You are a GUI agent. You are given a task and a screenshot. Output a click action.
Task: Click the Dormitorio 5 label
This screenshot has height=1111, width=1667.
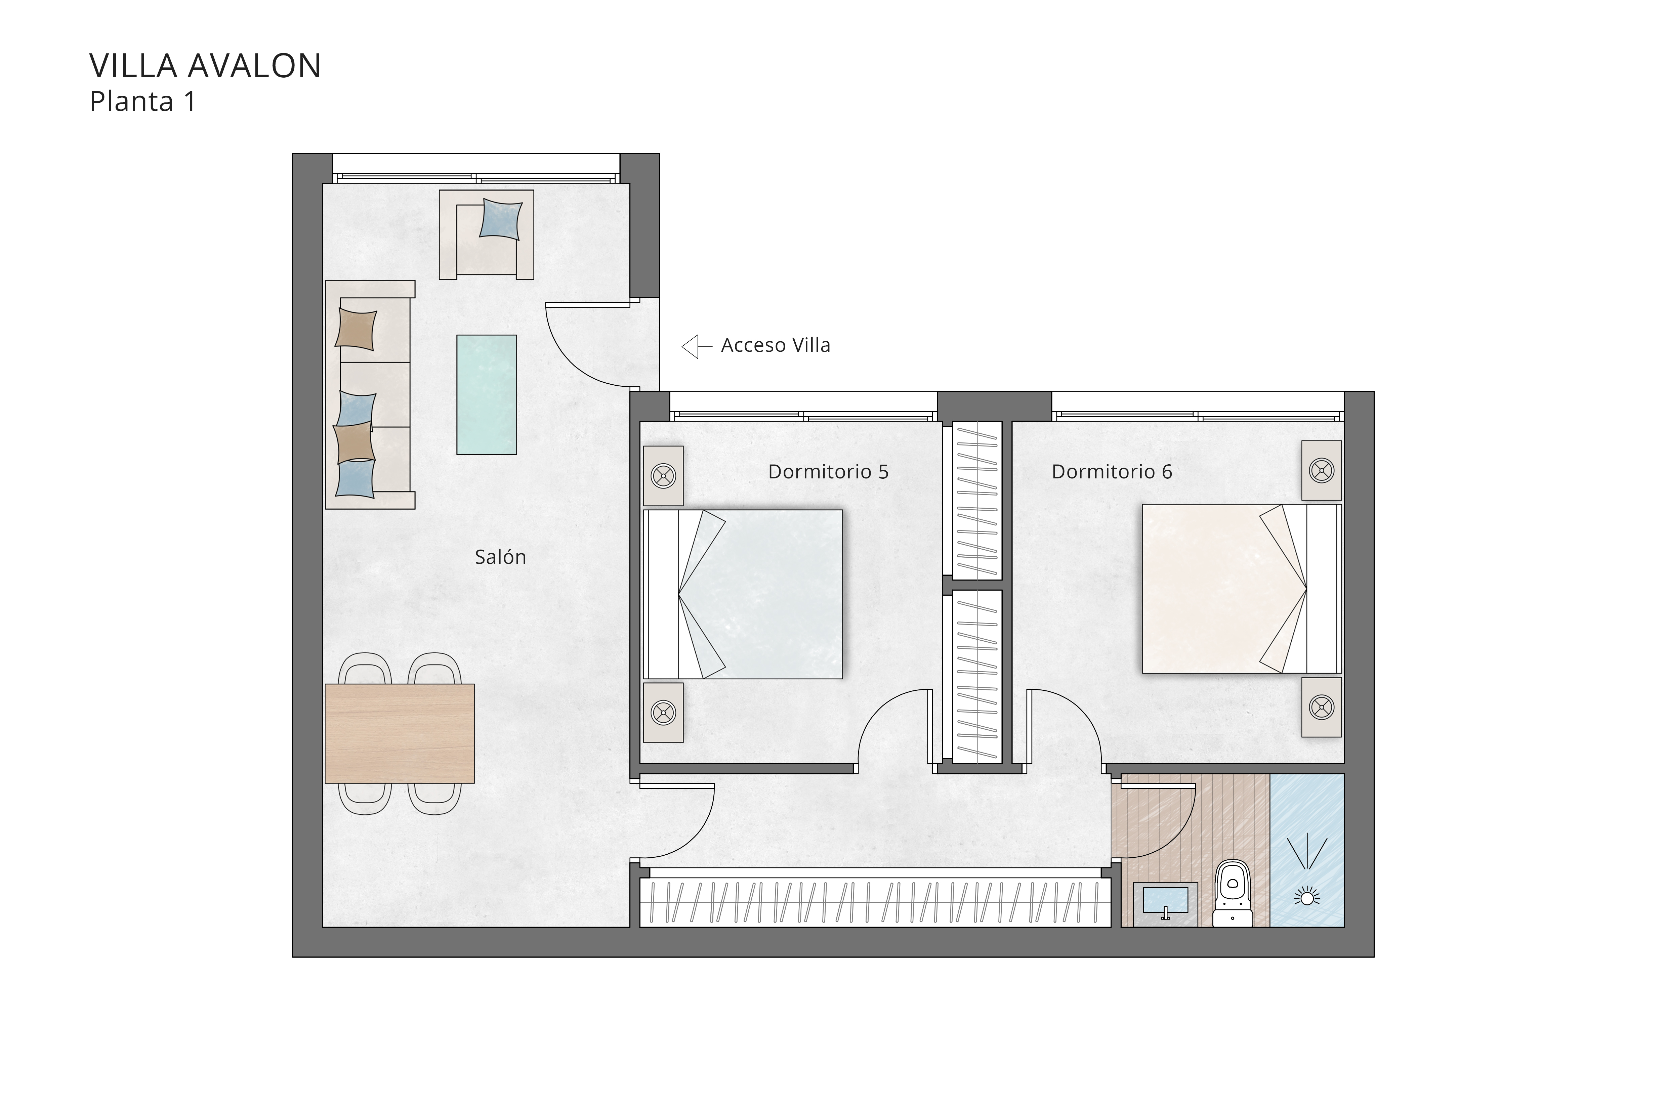tap(828, 472)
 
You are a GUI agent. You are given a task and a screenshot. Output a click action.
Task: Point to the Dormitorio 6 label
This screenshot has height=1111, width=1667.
tap(1111, 472)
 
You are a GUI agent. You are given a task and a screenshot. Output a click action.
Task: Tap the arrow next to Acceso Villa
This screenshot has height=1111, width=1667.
tap(696, 346)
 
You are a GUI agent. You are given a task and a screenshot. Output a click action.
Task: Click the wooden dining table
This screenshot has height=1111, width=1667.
tap(399, 733)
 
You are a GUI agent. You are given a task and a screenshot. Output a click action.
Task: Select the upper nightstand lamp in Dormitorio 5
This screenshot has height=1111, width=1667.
tap(663, 475)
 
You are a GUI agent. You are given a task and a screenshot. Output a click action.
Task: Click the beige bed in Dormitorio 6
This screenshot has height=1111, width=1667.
tap(1219, 588)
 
